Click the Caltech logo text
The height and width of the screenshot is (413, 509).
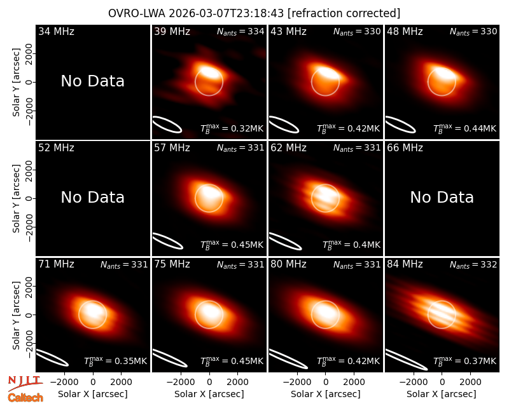(25, 398)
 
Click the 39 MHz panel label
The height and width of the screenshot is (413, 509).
(172, 31)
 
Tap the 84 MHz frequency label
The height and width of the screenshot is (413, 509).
(405, 264)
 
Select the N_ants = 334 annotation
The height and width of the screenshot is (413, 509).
(241, 31)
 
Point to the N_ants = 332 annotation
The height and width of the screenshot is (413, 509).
(473, 264)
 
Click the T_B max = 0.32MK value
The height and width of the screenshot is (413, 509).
(232, 128)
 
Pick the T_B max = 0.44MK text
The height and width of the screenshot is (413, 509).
(465, 128)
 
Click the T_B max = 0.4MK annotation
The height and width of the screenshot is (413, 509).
(351, 245)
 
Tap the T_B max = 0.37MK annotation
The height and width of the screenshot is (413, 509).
(465, 361)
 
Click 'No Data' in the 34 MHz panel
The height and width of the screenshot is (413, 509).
(92, 81)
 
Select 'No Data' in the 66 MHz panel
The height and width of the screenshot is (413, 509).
(442, 197)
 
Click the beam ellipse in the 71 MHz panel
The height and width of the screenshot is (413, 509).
(52, 358)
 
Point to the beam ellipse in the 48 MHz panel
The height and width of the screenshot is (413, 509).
(400, 125)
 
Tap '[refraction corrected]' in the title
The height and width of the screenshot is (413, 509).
(344, 13)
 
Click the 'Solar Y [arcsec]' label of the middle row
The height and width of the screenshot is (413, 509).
(16, 198)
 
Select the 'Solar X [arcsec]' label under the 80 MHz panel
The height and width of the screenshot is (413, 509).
(326, 394)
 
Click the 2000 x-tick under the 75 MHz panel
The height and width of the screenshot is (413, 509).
(237, 382)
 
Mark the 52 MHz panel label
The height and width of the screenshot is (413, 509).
(56, 148)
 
